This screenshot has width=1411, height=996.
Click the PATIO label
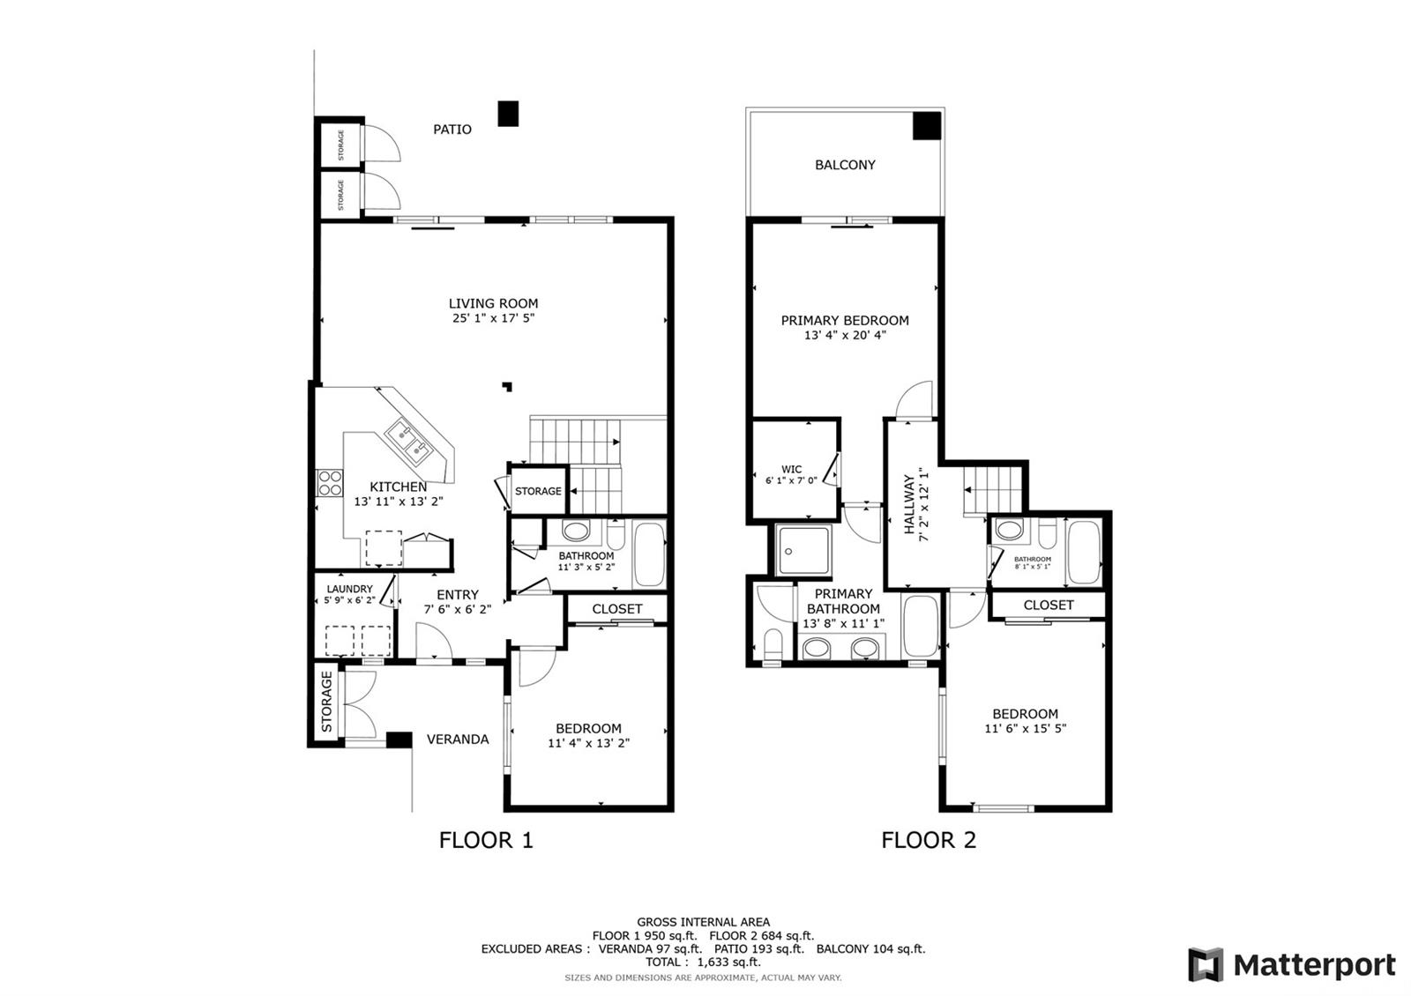pos(452,130)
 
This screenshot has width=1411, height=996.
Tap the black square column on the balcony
pos(927,125)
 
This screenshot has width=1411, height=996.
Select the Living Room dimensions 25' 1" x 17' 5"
pos(493,318)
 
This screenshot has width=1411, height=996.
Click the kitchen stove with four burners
pos(330,483)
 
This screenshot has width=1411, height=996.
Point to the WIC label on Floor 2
pos(791,469)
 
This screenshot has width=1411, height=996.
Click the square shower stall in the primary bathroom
pos(803,551)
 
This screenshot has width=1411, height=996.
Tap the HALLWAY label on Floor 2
pos(909,504)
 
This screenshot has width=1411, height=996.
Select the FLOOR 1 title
pos(486,840)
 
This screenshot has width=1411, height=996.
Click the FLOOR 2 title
pos(929,840)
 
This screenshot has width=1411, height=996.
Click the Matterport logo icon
pos(1206,964)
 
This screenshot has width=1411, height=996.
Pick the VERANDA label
pos(458,740)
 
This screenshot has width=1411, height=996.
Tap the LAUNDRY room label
pos(349,589)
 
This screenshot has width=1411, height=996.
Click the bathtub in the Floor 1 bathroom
pos(649,554)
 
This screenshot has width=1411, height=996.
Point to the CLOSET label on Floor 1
pos(616,609)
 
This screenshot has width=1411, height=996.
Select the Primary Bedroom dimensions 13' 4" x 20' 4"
pos(845,336)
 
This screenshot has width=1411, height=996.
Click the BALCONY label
pos(845,165)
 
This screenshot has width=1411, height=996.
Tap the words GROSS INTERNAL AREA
pos(703,922)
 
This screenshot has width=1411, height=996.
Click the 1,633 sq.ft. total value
pos(728,962)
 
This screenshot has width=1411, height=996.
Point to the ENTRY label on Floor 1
pos(458,595)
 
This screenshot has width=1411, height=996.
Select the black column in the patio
pos(508,114)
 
